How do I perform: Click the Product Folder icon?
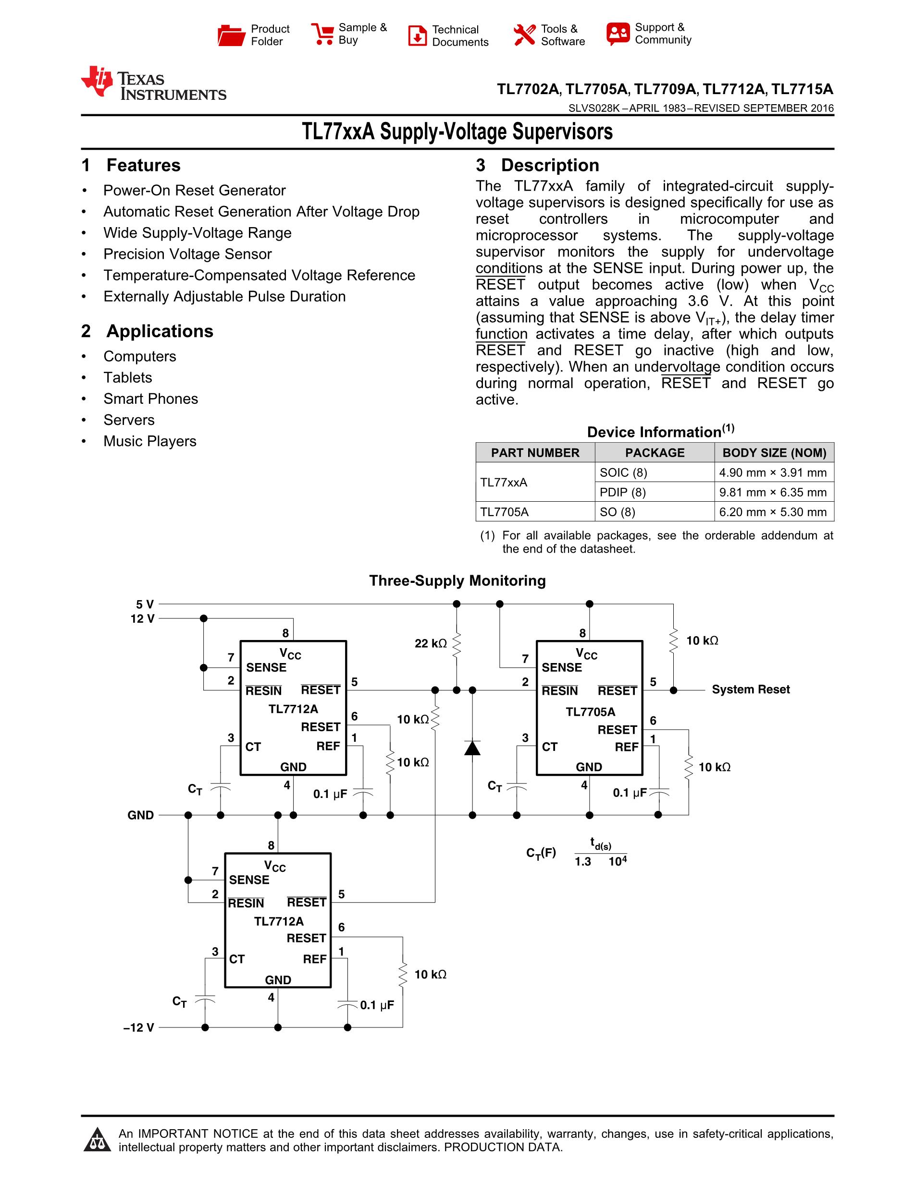pos(231,35)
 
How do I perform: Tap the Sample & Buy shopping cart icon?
pos(322,34)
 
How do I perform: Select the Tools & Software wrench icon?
pos(524,35)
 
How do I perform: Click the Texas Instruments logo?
pos(153,84)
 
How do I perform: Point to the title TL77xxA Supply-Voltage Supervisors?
pos(457,132)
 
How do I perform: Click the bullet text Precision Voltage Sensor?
pos(187,254)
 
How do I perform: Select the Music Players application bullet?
pos(149,441)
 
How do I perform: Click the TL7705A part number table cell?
pos(504,512)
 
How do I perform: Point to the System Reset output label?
pos(750,689)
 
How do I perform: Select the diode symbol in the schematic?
pos(472,748)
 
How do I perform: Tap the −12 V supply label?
pos(139,1027)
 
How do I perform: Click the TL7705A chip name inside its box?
pos(590,712)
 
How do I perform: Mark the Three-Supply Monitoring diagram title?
pos(457,580)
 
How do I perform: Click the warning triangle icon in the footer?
pos(98,1140)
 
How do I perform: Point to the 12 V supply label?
pos(142,618)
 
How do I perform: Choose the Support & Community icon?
pos(618,34)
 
